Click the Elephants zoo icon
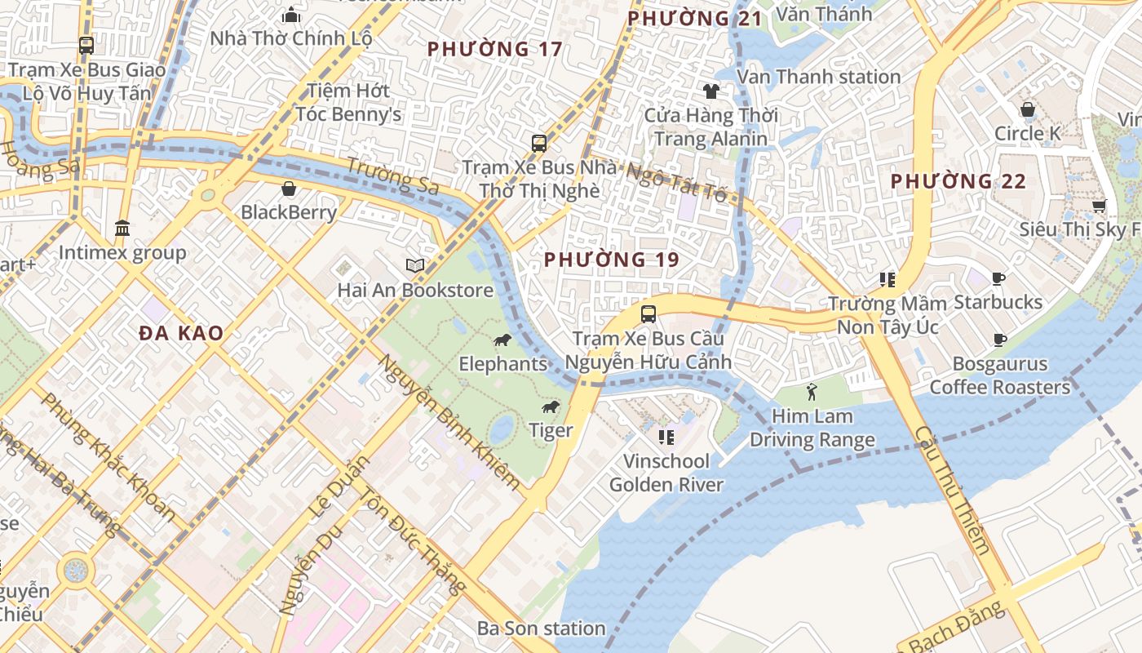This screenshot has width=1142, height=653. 502,340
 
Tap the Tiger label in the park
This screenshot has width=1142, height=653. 551,430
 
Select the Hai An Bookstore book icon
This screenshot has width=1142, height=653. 415,265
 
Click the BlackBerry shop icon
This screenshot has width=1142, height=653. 288,189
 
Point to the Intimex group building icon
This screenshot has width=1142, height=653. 122,228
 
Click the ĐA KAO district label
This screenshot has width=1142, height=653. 180,333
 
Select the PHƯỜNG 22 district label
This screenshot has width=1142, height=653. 958,181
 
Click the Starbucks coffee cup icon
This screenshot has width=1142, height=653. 998,279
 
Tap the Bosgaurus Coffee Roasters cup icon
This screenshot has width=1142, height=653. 1000,340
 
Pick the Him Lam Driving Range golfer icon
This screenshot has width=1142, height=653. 812,393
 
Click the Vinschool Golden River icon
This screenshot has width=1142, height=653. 666,438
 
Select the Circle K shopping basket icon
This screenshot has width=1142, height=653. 1028,109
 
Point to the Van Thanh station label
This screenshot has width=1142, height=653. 818,77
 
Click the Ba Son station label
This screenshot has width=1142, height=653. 541,628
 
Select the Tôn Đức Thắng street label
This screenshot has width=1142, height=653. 414,541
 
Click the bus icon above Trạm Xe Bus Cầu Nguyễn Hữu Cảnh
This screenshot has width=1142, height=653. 648,314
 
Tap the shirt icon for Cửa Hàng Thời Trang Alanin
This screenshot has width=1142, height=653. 710,91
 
